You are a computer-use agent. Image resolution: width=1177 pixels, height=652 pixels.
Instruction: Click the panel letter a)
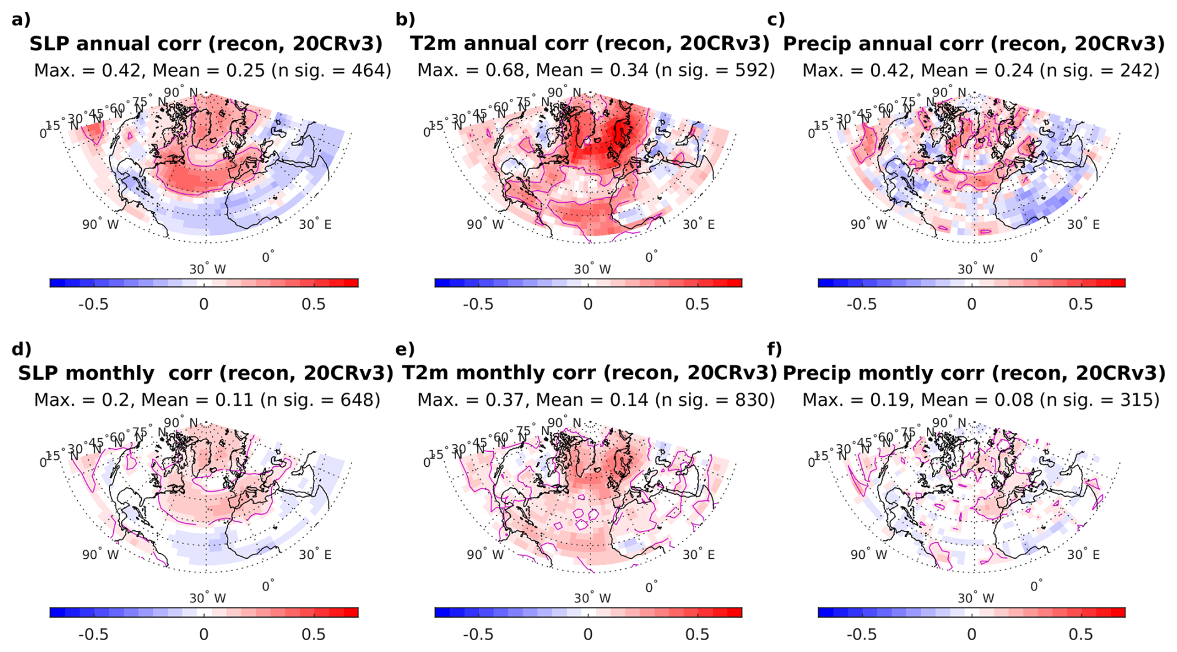pos(21,19)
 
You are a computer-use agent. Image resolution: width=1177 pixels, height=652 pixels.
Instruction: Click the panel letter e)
pos(404,349)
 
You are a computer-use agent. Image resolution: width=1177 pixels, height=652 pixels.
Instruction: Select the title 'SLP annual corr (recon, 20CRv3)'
pos(206,44)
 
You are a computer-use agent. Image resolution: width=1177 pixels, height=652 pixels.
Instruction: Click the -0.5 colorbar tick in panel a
pos(93,304)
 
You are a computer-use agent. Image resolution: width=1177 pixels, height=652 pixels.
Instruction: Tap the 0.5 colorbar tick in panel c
pos(1081,304)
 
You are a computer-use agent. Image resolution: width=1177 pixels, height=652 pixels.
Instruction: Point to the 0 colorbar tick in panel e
pos(588,634)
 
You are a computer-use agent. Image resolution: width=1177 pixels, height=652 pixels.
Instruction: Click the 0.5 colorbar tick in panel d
pos(313,634)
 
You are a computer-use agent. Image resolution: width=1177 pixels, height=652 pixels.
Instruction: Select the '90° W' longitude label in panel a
pos(100,224)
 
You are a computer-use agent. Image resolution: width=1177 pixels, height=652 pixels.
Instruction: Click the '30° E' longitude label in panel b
pos(698,224)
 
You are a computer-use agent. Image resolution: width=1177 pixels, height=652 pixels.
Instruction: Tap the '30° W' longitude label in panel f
pos(975,599)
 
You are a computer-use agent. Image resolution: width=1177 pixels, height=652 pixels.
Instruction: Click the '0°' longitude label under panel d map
pos(267,585)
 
